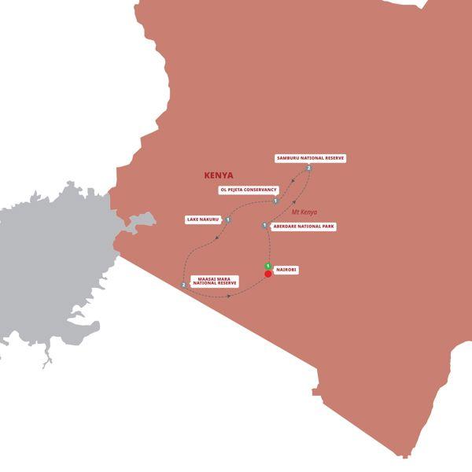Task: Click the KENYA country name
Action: [x=219, y=175]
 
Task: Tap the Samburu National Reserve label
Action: [x=310, y=158]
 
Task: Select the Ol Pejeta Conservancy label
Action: [x=248, y=190]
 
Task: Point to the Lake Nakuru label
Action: [x=204, y=219]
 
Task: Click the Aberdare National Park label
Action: [x=303, y=226]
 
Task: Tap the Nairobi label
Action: [x=286, y=270]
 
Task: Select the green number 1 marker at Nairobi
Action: [x=268, y=265]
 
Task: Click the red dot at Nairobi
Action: [x=268, y=274]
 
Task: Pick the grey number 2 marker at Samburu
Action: [x=309, y=168]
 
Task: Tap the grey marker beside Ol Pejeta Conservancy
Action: [x=276, y=201]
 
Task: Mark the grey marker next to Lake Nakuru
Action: [x=227, y=219]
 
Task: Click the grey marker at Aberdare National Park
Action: [x=264, y=226]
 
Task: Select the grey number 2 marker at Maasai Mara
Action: [x=183, y=285]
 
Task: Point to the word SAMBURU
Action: [x=290, y=158]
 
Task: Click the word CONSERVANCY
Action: [x=260, y=190]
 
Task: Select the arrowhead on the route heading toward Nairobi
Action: [x=229, y=297]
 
